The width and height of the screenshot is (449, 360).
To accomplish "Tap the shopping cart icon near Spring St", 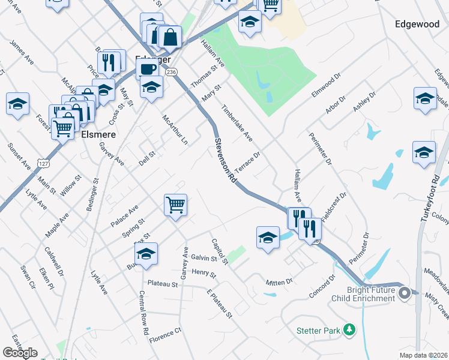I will [x=176, y=205].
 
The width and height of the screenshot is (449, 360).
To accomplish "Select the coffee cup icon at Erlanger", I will [x=147, y=68].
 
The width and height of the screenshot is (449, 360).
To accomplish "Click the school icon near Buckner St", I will [x=146, y=254].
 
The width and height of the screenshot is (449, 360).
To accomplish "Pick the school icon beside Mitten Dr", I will [x=268, y=238].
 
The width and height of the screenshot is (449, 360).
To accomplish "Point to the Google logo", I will [x=20, y=353].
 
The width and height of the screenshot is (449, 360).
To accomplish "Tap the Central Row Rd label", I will [x=143, y=313].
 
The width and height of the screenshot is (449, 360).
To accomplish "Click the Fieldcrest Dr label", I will [x=334, y=207].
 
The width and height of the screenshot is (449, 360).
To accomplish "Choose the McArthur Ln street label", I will [x=175, y=130].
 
